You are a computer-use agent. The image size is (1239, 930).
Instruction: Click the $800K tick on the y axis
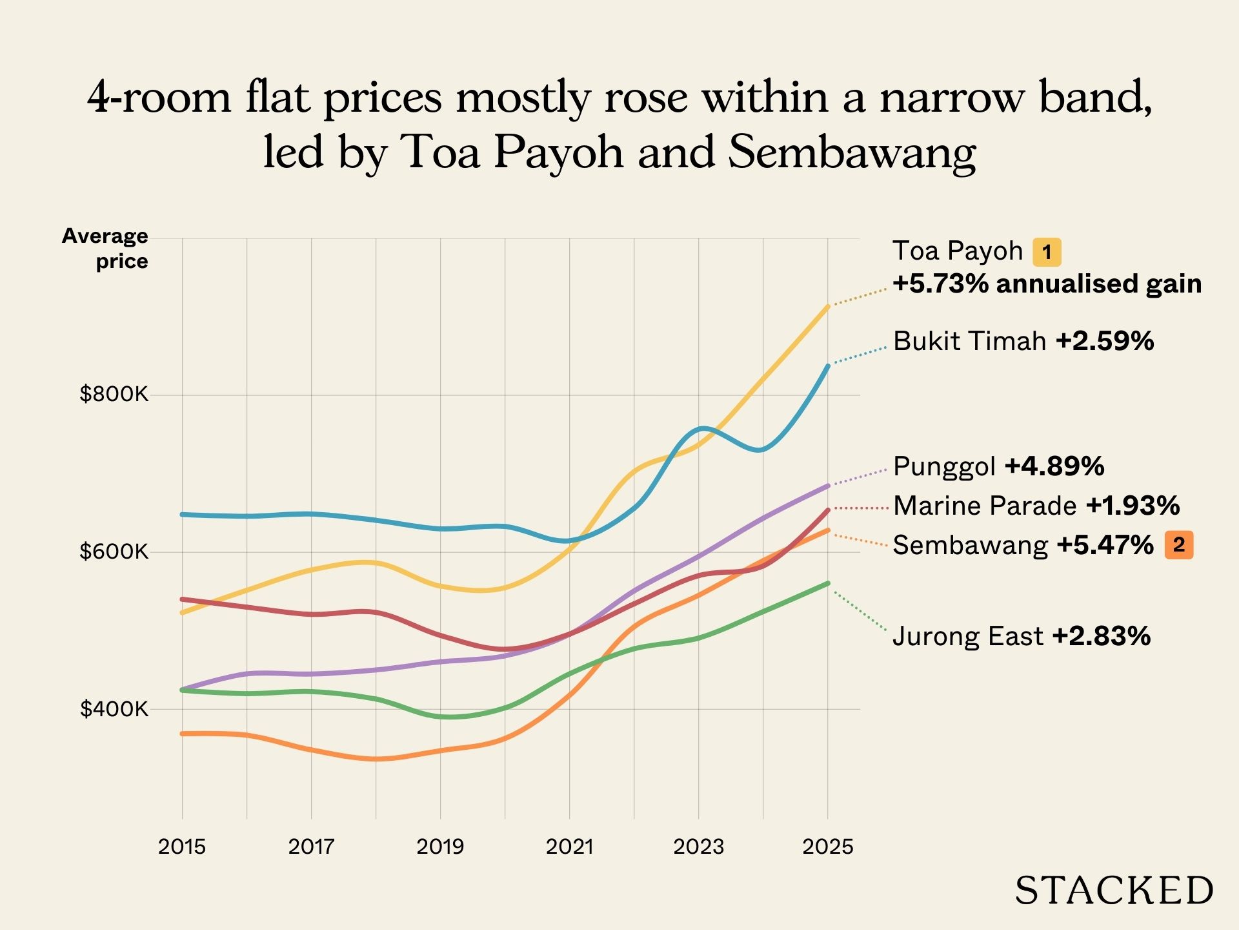(x=114, y=394)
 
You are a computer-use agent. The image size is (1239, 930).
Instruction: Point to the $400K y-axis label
(x=114, y=709)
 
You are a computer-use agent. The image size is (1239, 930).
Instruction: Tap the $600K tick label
(x=114, y=552)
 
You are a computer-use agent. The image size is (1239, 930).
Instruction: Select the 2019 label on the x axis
(x=440, y=847)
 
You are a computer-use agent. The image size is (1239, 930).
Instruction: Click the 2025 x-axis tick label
(x=828, y=847)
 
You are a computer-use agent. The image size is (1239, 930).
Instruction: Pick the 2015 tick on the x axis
(x=182, y=847)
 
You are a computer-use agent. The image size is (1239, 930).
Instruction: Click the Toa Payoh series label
(x=958, y=251)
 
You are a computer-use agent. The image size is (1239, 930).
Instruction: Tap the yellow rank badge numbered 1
(x=1047, y=252)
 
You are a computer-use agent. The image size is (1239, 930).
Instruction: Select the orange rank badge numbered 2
(x=1179, y=545)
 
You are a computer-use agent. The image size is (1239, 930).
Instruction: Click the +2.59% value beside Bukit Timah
(x=1105, y=341)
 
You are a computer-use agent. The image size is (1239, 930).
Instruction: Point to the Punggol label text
(x=944, y=466)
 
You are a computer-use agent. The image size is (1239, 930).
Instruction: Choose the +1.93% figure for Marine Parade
(x=1133, y=506)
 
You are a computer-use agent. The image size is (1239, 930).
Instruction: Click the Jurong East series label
(x=968, y=637)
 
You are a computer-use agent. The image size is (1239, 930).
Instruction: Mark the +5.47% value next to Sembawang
(x=1105, y=546)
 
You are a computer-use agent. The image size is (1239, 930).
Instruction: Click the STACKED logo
(x=1114, y=891)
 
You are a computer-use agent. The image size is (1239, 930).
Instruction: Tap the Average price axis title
(x=106, y=249)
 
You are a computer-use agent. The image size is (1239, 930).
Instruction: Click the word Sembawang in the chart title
(x=852, y=152)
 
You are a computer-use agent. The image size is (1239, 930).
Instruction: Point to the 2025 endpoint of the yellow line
(x=828, y=306)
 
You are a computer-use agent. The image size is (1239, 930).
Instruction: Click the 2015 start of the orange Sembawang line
(x=183, y=734)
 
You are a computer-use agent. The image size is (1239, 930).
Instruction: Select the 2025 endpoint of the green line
(x=828, y=583)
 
